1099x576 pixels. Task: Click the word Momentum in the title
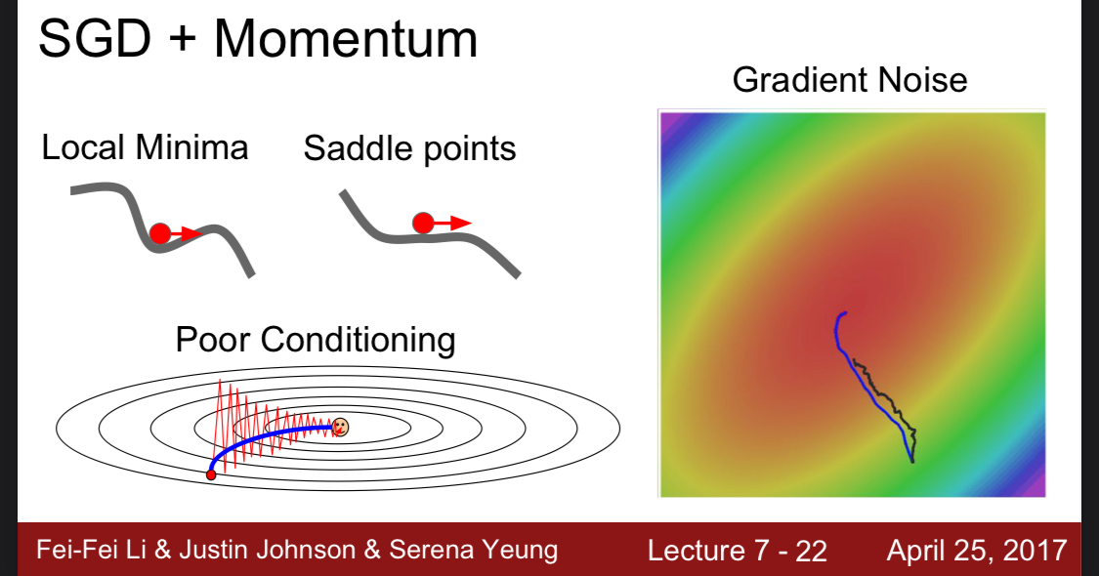pos(346,38)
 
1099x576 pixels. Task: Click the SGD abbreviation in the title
pos(95,38)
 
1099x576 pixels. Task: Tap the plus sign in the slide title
pos(183,39)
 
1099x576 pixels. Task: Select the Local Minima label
pos(146,147)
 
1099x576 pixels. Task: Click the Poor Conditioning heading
pos(316,341)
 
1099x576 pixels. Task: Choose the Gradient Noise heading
pos(850,80)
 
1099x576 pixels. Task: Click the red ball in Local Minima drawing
pos(160,233)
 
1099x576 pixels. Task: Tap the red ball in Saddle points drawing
pos(423,223)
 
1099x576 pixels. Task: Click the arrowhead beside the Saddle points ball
pos(462,224)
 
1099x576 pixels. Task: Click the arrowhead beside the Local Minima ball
pos(192,233)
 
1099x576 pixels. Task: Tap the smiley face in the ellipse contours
pos(340,427)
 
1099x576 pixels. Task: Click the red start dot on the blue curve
pos(211,475)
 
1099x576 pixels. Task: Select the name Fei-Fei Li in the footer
pos(92,550)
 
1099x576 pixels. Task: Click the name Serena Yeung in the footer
pos(474,550)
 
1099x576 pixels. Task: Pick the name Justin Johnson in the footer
pos(267,550)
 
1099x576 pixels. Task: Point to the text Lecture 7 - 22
pos(738,551)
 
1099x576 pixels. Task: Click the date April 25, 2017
pos(977,551)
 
